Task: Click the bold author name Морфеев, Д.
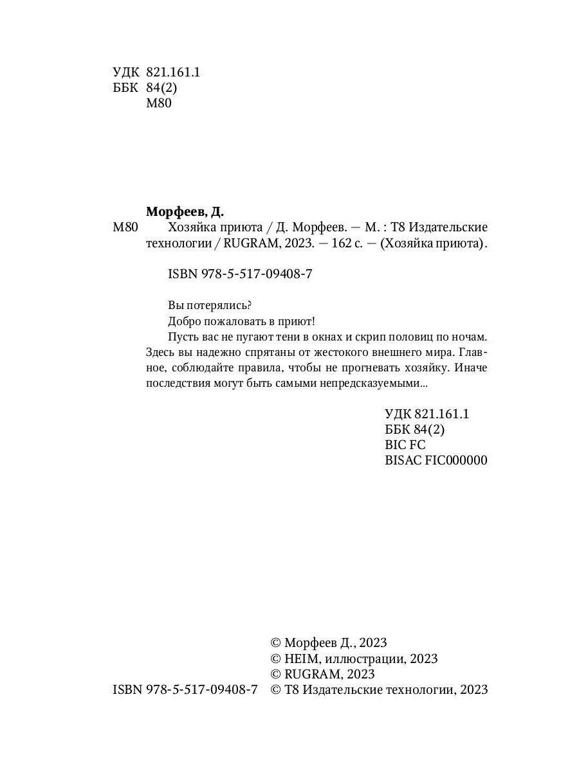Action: (x=185, y=211)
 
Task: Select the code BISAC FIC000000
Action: (x=436, y=460)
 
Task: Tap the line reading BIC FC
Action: (x=405, y=445)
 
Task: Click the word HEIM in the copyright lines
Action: (x=302, y=659)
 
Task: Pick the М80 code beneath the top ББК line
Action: (x=159, y=103)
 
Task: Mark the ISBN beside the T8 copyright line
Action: (x=185, y=690)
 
